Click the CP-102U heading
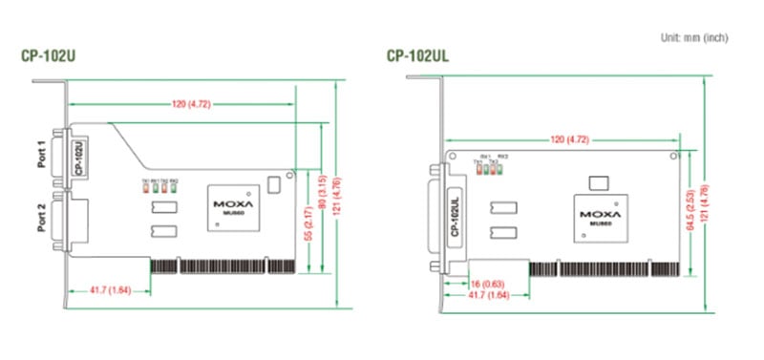click(x=49, y=55)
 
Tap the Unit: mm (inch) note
click(x=694, y=37)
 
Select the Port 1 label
click(x=41, y=154)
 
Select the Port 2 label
click(x=41, y=219)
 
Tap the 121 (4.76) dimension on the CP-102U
click(x=338, y=195)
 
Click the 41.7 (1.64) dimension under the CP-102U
click(x=110, y=288)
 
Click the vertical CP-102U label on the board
click(x=79, y=158)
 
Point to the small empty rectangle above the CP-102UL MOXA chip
click(x=600, y=180)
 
